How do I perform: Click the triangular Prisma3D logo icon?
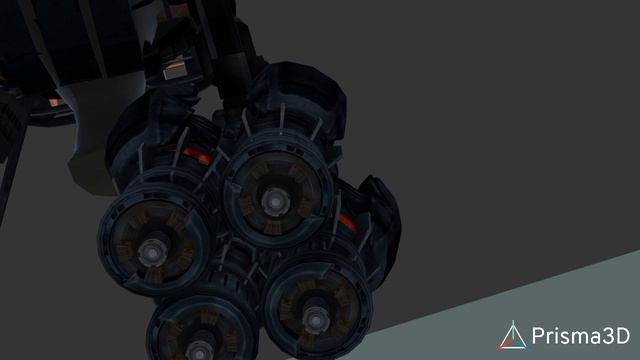pos(512,336)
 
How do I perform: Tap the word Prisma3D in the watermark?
pos(581,336)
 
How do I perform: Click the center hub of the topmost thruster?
pos(276,202)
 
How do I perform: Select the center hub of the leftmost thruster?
pos(152,254)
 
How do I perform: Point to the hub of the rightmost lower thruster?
pos(316,320)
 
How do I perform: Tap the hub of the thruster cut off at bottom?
pos(199,351)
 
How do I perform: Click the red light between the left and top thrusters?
pos(197,156)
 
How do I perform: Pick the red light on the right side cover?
pos(347,222)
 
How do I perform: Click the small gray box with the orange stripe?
pos(176,69)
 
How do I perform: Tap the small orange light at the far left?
pos(54,102)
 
